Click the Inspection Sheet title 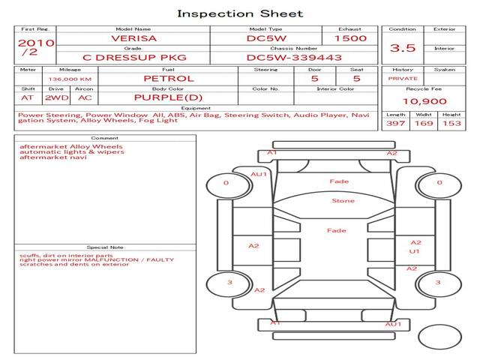pos(240,13)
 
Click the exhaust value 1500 pos(350,38)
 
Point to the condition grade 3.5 pos(403,48)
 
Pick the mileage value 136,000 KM pos(70,79)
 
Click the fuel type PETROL pos(169,78)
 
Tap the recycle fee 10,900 pos(424,101)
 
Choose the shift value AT pos(28,97)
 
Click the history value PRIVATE pos(403,78)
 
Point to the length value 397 pos(395,123)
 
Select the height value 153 pos(451,123)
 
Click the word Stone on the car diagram pos(343,201)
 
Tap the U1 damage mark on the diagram pos(414,251)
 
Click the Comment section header pos(105,138)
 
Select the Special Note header pos(105,247)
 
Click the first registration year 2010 pos(35,43)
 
